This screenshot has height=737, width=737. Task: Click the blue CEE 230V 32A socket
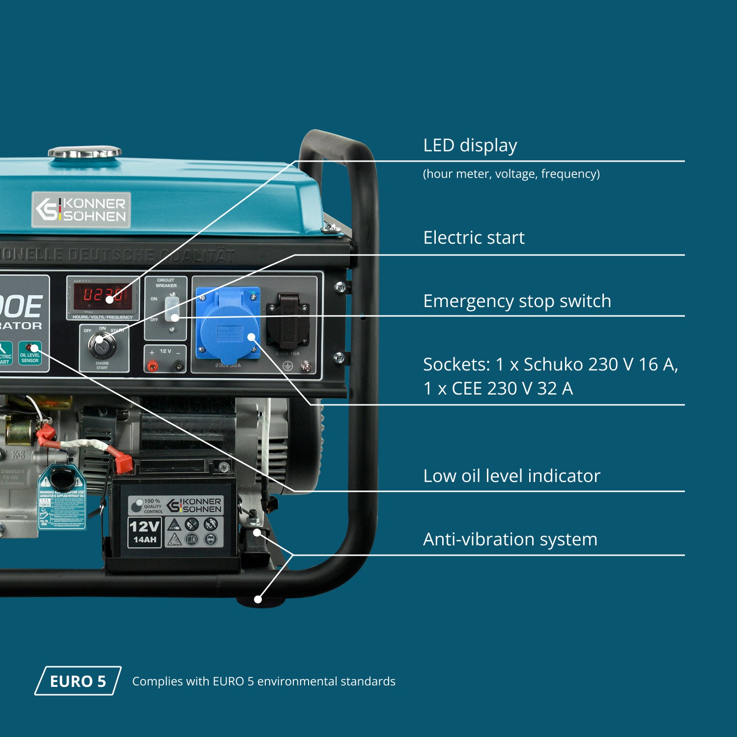pyautogui.click(x=228, y=324)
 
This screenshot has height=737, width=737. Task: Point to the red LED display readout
pyautogui.click(x=102, y=295)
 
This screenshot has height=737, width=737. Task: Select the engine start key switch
pyautogui.click(x=102, y=344)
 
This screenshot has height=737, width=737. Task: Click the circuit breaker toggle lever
pyautogui.click(x=171, y=308)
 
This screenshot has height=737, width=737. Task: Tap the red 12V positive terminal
pyautogui.click(x=153, y=366)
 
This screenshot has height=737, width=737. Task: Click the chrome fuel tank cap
pyautogui.click(x=85, y=152)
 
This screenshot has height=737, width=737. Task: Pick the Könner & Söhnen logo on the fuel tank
pyautogui.click(x=81, y=210)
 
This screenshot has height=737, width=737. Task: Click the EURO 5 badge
pyautogui.click(x=78, y=681)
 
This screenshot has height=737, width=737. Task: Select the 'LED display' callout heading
pyautogui.click(x=470, y=145)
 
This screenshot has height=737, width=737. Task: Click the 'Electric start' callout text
pyautogui.click(x=474, y=238)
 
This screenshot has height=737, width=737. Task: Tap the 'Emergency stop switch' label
pyautogui.click(x=517, y=301)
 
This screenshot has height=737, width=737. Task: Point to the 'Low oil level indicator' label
pyautogui.click(x=511, y=476)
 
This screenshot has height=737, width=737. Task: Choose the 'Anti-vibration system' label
pyautogui.click(x=510, y=539)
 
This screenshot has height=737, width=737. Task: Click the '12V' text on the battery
pyautogui.click(x=144, y=527)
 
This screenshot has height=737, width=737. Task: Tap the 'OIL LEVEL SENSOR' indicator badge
pyautogui.click(x=30, y=354)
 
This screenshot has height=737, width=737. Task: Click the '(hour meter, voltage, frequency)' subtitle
pyautogui.click(x=511, y=174)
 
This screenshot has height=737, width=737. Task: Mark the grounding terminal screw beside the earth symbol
pyautogui.click(x=306, y=366)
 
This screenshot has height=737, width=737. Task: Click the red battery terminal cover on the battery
pyautogui.click(x=123, y=462)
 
